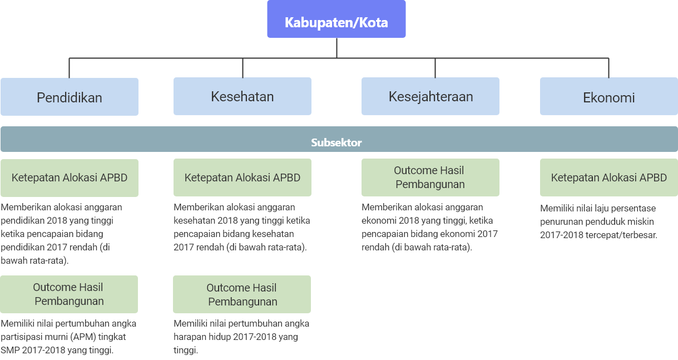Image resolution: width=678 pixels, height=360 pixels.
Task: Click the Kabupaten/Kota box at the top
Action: pos(336,19)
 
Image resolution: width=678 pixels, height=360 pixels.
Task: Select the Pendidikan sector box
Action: pos(70,97)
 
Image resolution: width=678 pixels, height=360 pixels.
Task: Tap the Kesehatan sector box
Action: pos(243,96)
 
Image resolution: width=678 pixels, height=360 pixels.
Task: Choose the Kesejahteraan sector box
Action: pos(430,96)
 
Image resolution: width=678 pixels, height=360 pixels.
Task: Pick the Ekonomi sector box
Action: pos(608,96)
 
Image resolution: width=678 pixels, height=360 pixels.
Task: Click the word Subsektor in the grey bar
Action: pos(336,142)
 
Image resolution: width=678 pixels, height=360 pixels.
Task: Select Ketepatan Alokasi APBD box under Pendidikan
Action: pos(70,178)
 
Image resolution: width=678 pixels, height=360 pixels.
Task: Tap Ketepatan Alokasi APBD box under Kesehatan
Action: pos(243,177)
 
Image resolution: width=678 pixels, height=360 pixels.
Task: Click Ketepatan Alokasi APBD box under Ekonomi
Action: pos(608,177)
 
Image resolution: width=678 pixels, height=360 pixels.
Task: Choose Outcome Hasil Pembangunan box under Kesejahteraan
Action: pos(430,177)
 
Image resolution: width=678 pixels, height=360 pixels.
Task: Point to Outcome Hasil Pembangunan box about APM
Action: pos(69,294)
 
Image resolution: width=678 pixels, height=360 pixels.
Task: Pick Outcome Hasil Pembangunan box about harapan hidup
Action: pos(242,294)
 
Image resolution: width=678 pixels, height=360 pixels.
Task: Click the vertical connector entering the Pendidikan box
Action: pos(70,68)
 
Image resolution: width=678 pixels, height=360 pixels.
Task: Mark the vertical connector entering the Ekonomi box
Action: pos(608,68)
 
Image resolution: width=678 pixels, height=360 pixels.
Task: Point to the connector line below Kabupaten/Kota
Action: pos(336,48)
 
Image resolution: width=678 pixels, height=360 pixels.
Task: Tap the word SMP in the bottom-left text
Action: pos(10,351)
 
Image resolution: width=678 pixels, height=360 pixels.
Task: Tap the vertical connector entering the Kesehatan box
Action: pos(243,68)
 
